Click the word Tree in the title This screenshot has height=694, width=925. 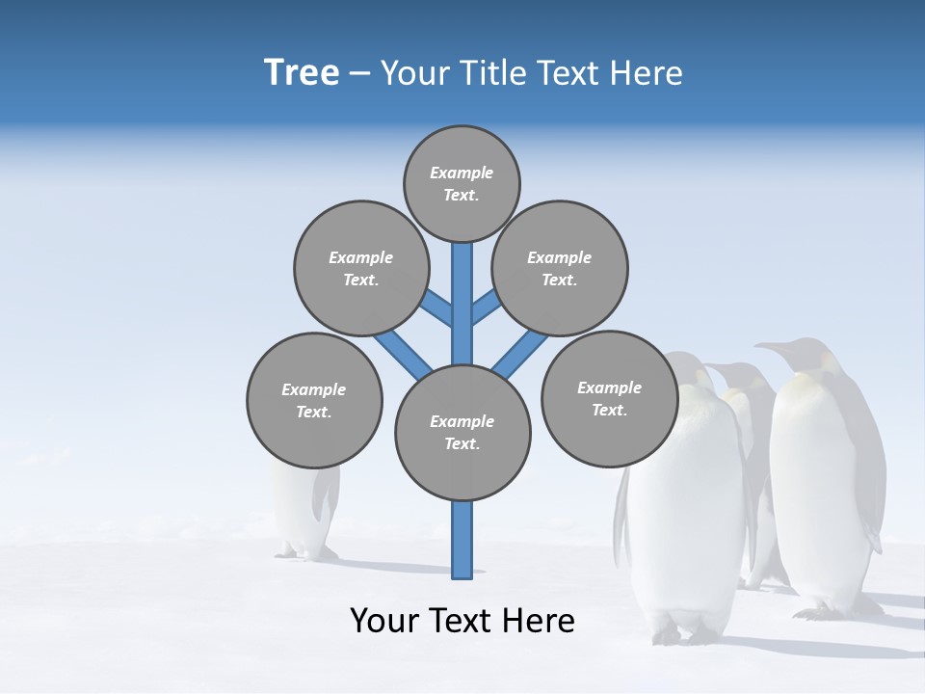(x=302, y=72)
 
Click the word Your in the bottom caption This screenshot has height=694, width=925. (x=384, y=620)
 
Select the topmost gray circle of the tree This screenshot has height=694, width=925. (x=462, y=183)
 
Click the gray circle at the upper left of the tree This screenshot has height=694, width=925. (x=360, y=268)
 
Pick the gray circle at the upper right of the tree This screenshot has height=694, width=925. (x=559, y=268)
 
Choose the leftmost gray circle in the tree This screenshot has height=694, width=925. (x=314, y=400)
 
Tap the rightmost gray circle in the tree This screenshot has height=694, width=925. (x=609, y=398)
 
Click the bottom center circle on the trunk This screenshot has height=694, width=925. (x=462, y=432)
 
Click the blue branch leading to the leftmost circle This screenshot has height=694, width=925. (x=403, y=351)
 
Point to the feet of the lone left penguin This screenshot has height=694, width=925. (x=306, y=553)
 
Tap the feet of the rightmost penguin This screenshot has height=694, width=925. (x=833, y=610)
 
